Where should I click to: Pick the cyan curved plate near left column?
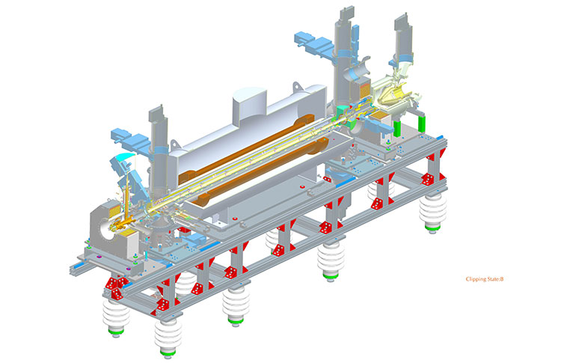coord(122,160)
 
